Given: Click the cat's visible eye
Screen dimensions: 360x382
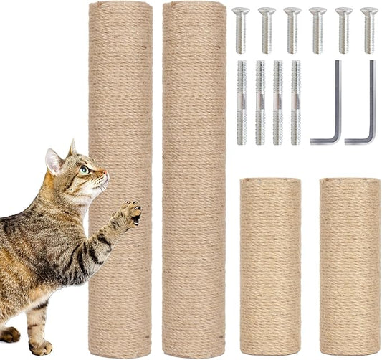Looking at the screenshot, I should click(x=85, y=170).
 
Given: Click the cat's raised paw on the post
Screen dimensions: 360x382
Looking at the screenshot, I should click(x=132, y=212).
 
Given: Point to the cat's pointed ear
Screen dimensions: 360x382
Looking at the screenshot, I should click(x=53, y=161).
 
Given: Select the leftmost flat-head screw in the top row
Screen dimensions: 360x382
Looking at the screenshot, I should click(x=241, y=30).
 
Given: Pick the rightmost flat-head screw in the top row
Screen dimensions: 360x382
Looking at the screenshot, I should click(x=369, y=30).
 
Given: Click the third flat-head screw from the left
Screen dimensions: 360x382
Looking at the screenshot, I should click(x=292, y=30).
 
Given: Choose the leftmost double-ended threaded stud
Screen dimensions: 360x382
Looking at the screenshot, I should click(x=241, y=101).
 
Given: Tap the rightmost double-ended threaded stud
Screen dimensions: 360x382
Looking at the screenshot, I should click(x=295, y=101).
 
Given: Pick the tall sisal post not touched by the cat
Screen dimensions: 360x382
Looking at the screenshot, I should click(x=194, y=179).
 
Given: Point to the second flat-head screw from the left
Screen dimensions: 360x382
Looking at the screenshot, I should click(x=267, y=30).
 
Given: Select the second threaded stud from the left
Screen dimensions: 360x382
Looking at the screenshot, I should click(x=259, y=101).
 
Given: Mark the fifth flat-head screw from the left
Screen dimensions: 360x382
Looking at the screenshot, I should click(x=343, y=30).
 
